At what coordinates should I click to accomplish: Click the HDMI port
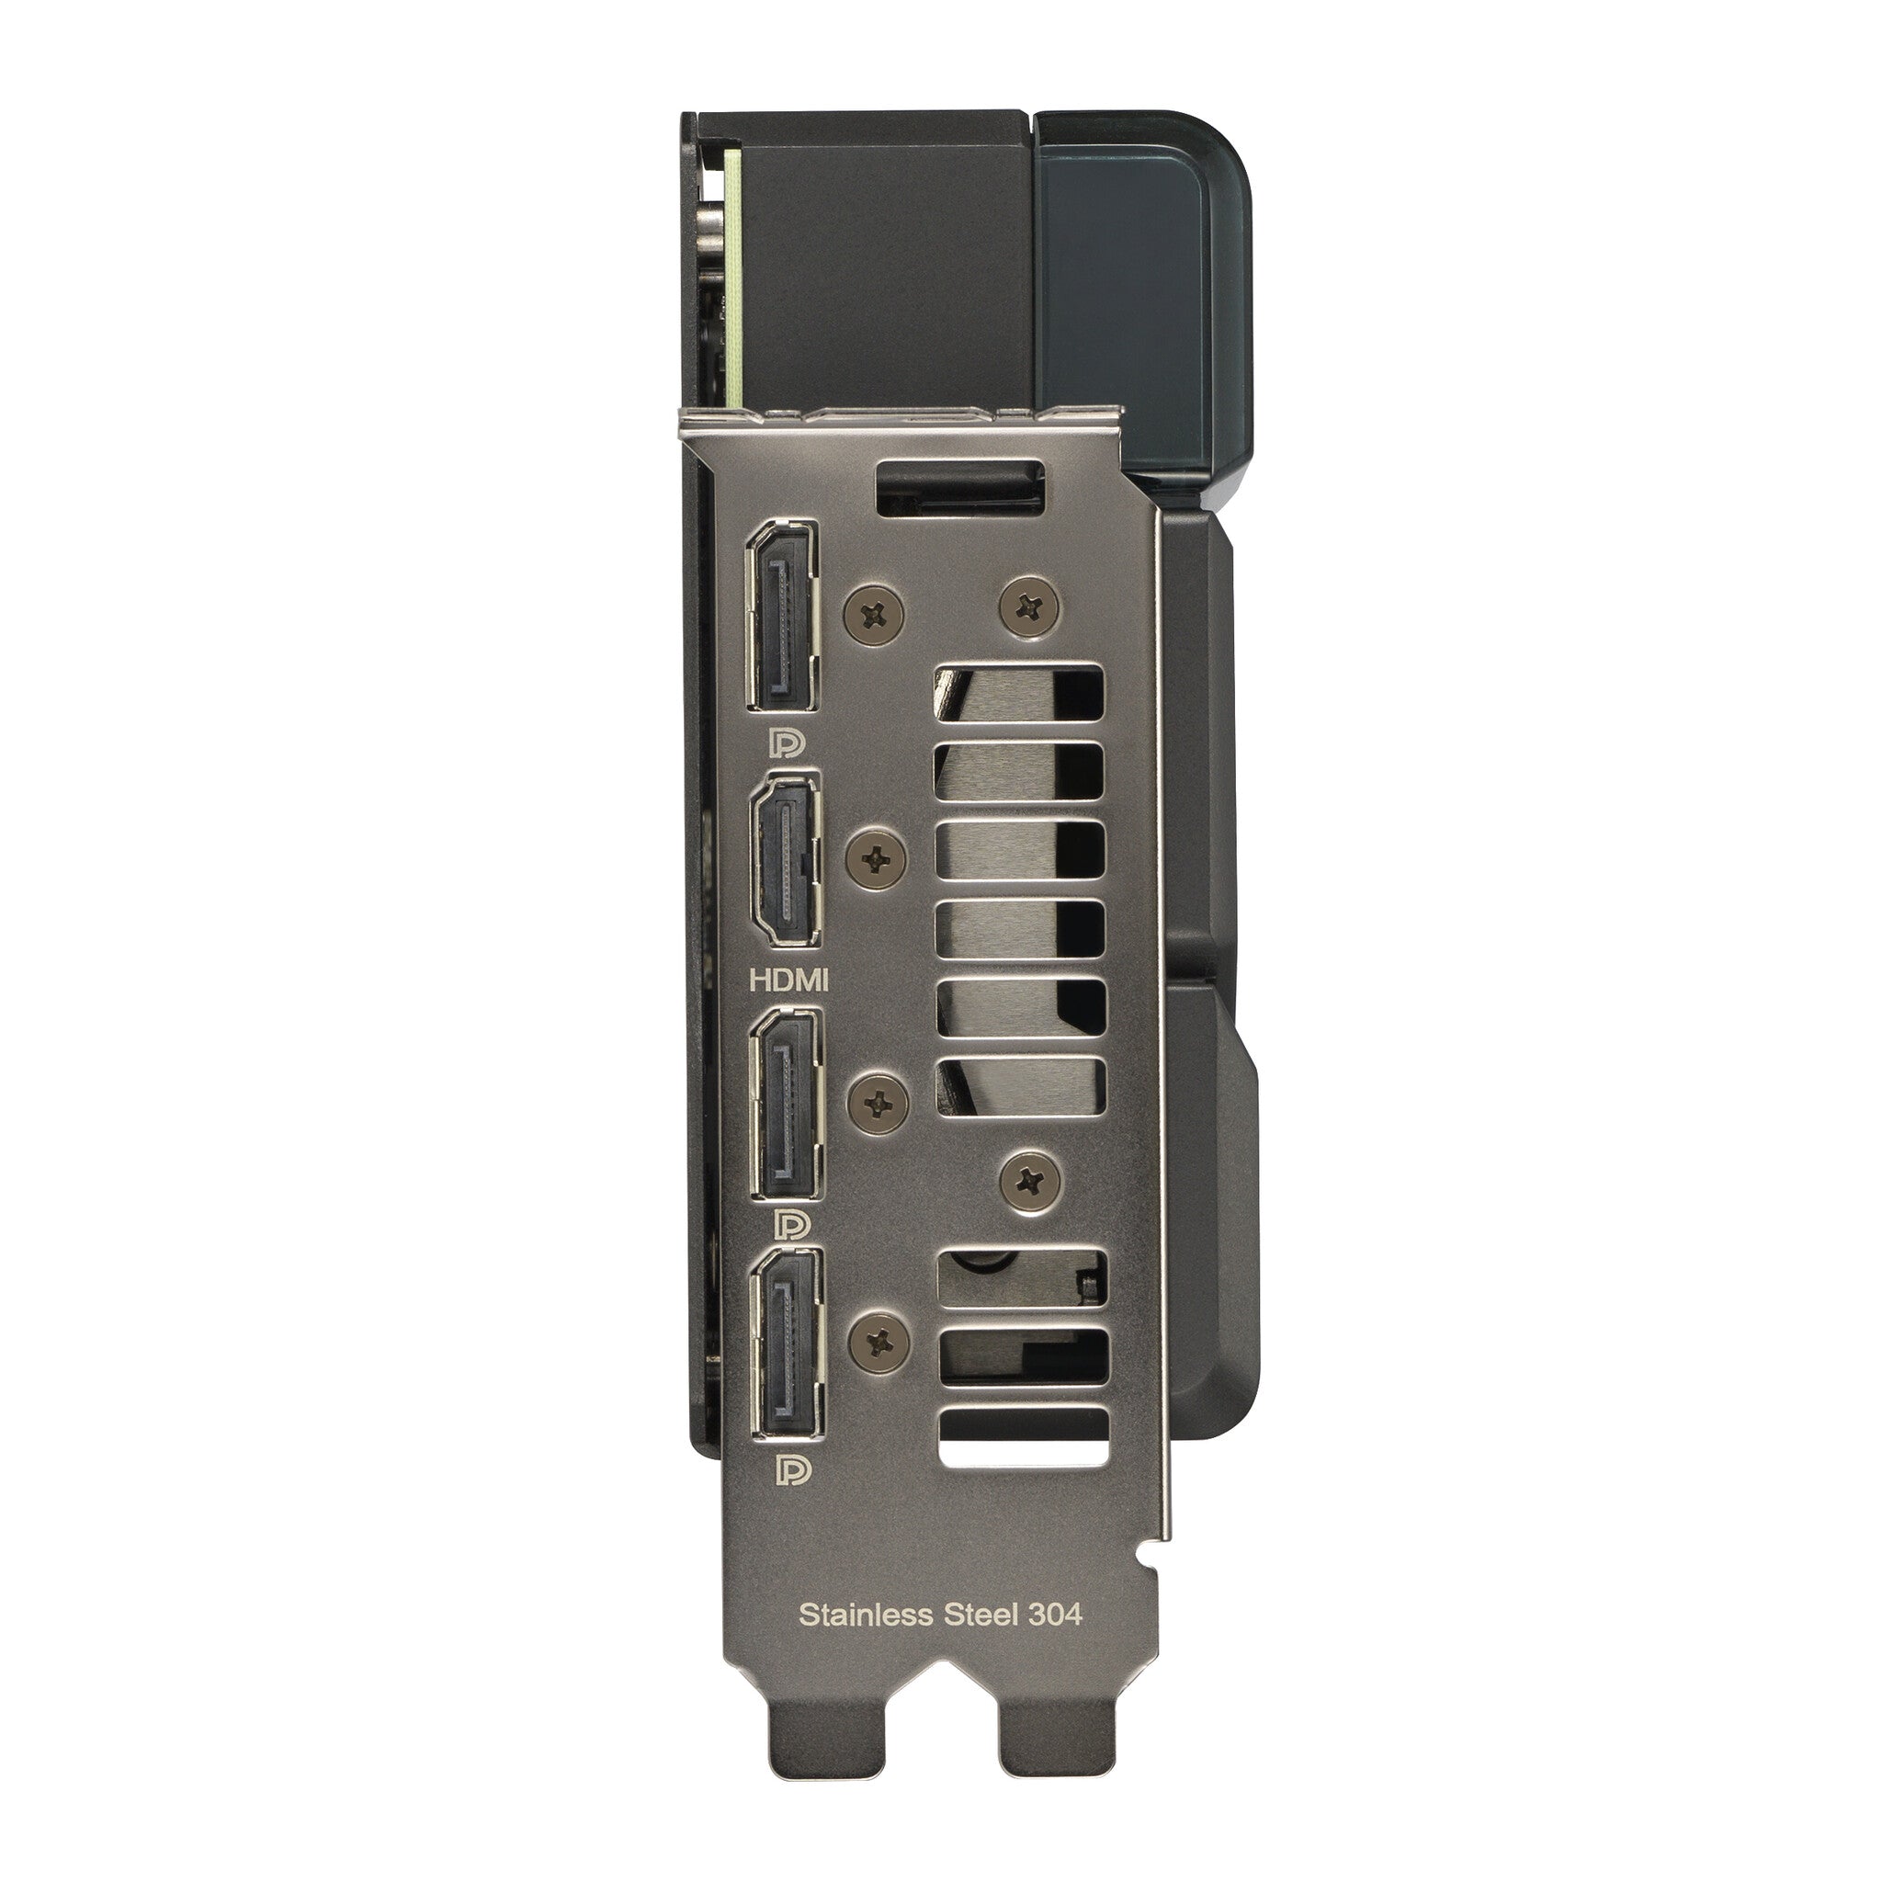[x=784, y=858]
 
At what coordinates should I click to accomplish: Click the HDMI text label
[x=789, y=979]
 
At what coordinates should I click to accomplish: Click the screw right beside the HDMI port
[x=877, y=858]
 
